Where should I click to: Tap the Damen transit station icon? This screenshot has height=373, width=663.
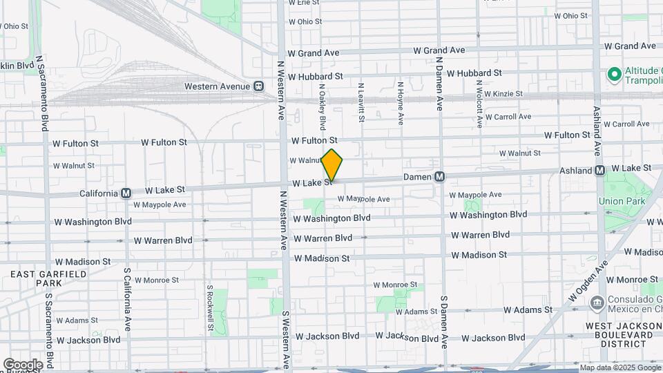point(439,178)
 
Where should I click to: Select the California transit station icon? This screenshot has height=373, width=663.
point(126,193)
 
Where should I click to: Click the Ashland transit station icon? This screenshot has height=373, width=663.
point(599,170)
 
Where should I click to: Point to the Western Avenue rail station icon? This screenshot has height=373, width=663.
point(258,86)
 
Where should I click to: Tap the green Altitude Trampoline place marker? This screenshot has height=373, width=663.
point(612,73)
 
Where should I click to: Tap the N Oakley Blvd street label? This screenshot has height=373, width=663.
point(322,106)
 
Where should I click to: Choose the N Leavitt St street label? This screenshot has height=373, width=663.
point(361,104)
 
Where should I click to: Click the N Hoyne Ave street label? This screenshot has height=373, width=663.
point(400,104)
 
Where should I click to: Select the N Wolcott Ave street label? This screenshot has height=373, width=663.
point(478,104)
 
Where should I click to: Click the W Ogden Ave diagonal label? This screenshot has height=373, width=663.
point(588,280)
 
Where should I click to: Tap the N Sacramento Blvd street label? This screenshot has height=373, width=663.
point(43,93)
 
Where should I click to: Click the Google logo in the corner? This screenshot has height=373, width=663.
point(23,364)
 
